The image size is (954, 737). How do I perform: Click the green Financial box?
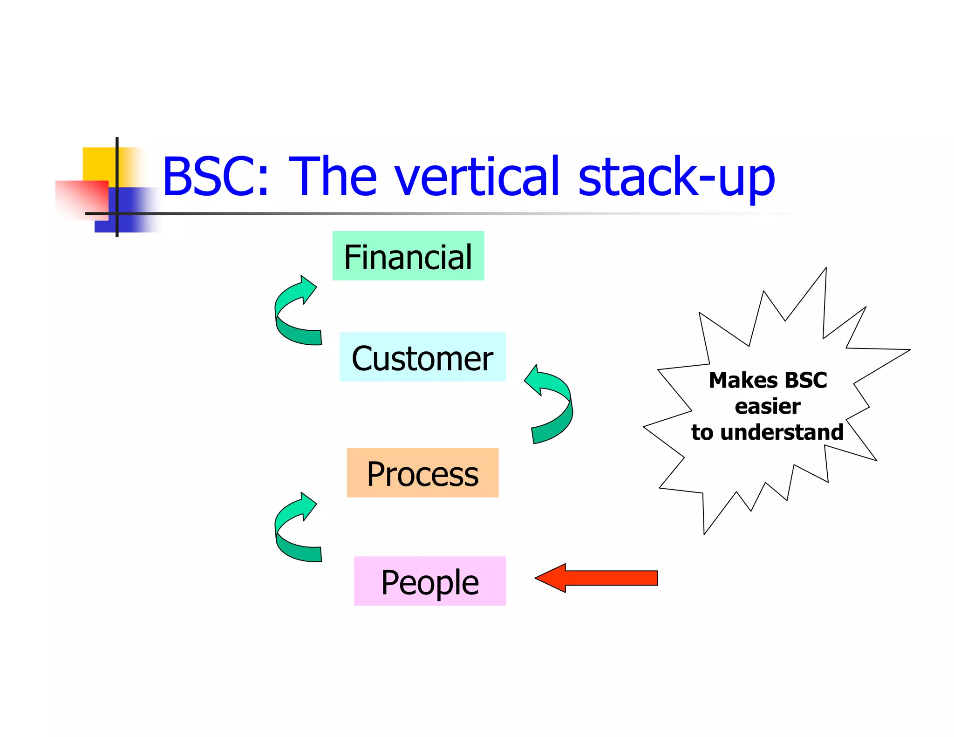[x=408, y=256]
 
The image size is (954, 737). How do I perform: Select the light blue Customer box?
[x=422, y=357]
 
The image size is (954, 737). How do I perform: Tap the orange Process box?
[x=422, y=472]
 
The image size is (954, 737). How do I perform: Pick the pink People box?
[x=429, y=581]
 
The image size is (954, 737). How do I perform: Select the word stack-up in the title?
[x=675, y=177]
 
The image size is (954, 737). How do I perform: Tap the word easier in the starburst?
[x=767, y=406]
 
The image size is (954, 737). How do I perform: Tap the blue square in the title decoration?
[x=135, y=210]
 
